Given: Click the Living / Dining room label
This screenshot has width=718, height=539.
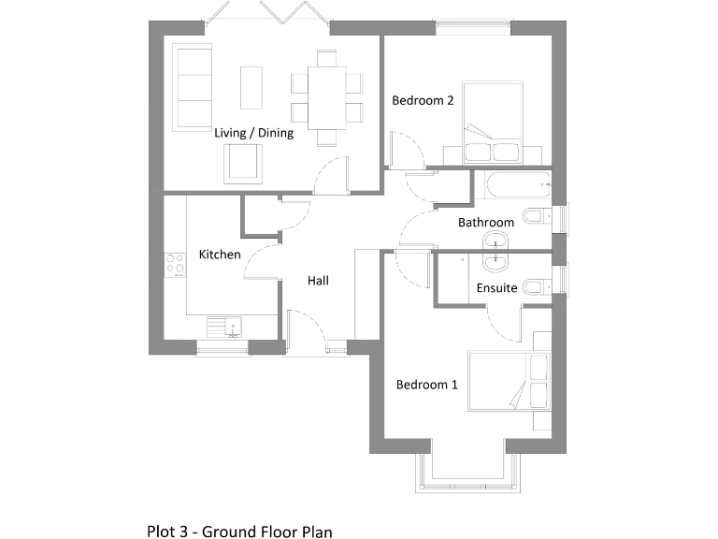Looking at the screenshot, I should (x=253, y=133).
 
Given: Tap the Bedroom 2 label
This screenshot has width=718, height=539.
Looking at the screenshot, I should (x=423, y=100).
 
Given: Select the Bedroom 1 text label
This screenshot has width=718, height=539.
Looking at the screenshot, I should (x=426, y=384).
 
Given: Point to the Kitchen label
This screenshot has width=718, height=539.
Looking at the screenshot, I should (x=220, y=255).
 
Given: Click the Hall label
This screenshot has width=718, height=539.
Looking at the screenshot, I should (x=318, y=280).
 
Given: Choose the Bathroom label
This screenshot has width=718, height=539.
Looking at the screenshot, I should (x=485, y=223).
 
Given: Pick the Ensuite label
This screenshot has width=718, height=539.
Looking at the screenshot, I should (x=496, y=287).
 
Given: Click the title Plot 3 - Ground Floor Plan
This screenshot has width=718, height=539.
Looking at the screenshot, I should (x=239, y=531).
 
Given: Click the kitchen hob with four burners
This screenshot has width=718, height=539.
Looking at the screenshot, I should (x=175, y=265).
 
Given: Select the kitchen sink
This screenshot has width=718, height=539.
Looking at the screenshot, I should (x=224, y=327).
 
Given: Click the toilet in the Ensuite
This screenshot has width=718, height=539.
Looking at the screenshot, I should (x=535, y=286).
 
